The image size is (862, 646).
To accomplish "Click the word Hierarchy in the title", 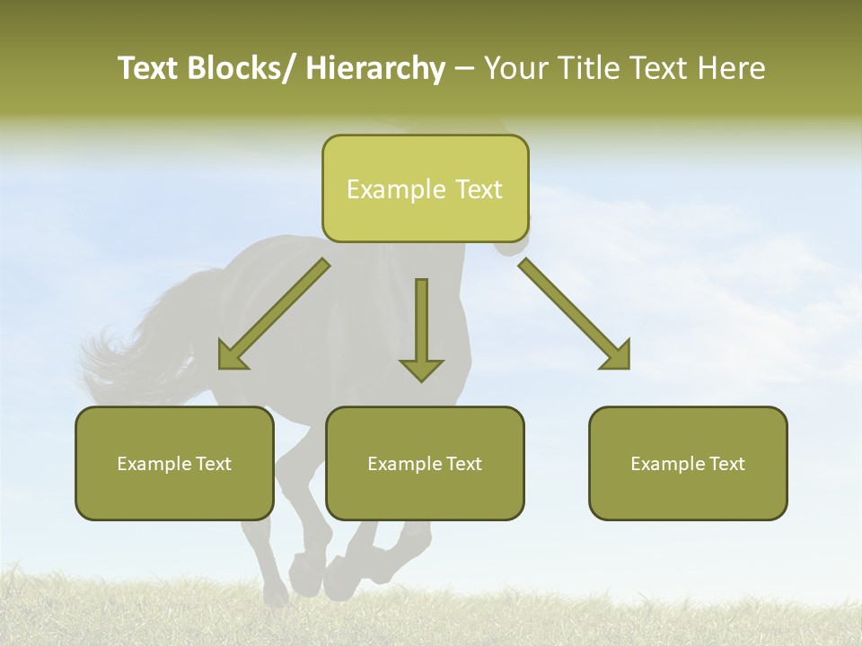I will [375, 68].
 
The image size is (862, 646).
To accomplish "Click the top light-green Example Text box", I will [425, 188].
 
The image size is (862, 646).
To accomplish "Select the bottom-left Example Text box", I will [174, 463].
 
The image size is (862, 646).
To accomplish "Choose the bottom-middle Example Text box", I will [425, 463].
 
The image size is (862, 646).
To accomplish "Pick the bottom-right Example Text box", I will [688, 463].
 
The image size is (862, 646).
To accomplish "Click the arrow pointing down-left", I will [274, 315].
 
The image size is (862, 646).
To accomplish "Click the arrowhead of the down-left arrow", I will [232, 356].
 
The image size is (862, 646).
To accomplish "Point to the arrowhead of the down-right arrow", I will [617, 356].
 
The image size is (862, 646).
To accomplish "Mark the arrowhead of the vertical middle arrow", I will [421, 369].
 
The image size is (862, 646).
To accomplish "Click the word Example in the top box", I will [395, 189].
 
